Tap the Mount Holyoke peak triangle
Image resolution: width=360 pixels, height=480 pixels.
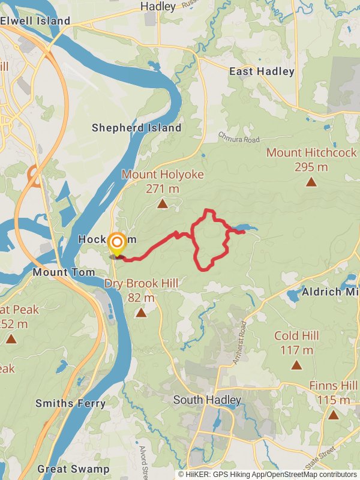pos(162,205)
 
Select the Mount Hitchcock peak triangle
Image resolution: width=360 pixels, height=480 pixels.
pos(311,182)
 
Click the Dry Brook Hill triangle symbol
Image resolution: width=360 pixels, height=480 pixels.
pos(141,313)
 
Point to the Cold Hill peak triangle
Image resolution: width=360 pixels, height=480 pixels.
pos(296,365)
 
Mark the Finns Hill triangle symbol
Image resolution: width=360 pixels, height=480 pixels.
pos(333,415)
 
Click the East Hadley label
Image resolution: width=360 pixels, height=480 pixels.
pos(262,71)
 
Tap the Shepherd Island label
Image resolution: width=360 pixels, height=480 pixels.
pos(136,128)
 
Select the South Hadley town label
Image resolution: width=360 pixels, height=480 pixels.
pos(207,400)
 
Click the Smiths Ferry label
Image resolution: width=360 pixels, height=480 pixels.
pos(70,403)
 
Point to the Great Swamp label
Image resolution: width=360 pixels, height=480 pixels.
pos(73,469)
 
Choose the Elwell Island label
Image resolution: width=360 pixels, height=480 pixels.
pos(35,21)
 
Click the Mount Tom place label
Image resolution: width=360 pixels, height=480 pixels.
pos(64,272)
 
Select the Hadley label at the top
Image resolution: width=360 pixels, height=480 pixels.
pos(158,7)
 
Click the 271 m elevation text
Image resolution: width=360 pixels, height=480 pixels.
pos(163,188)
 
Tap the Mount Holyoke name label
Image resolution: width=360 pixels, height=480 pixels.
pos(163,175)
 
